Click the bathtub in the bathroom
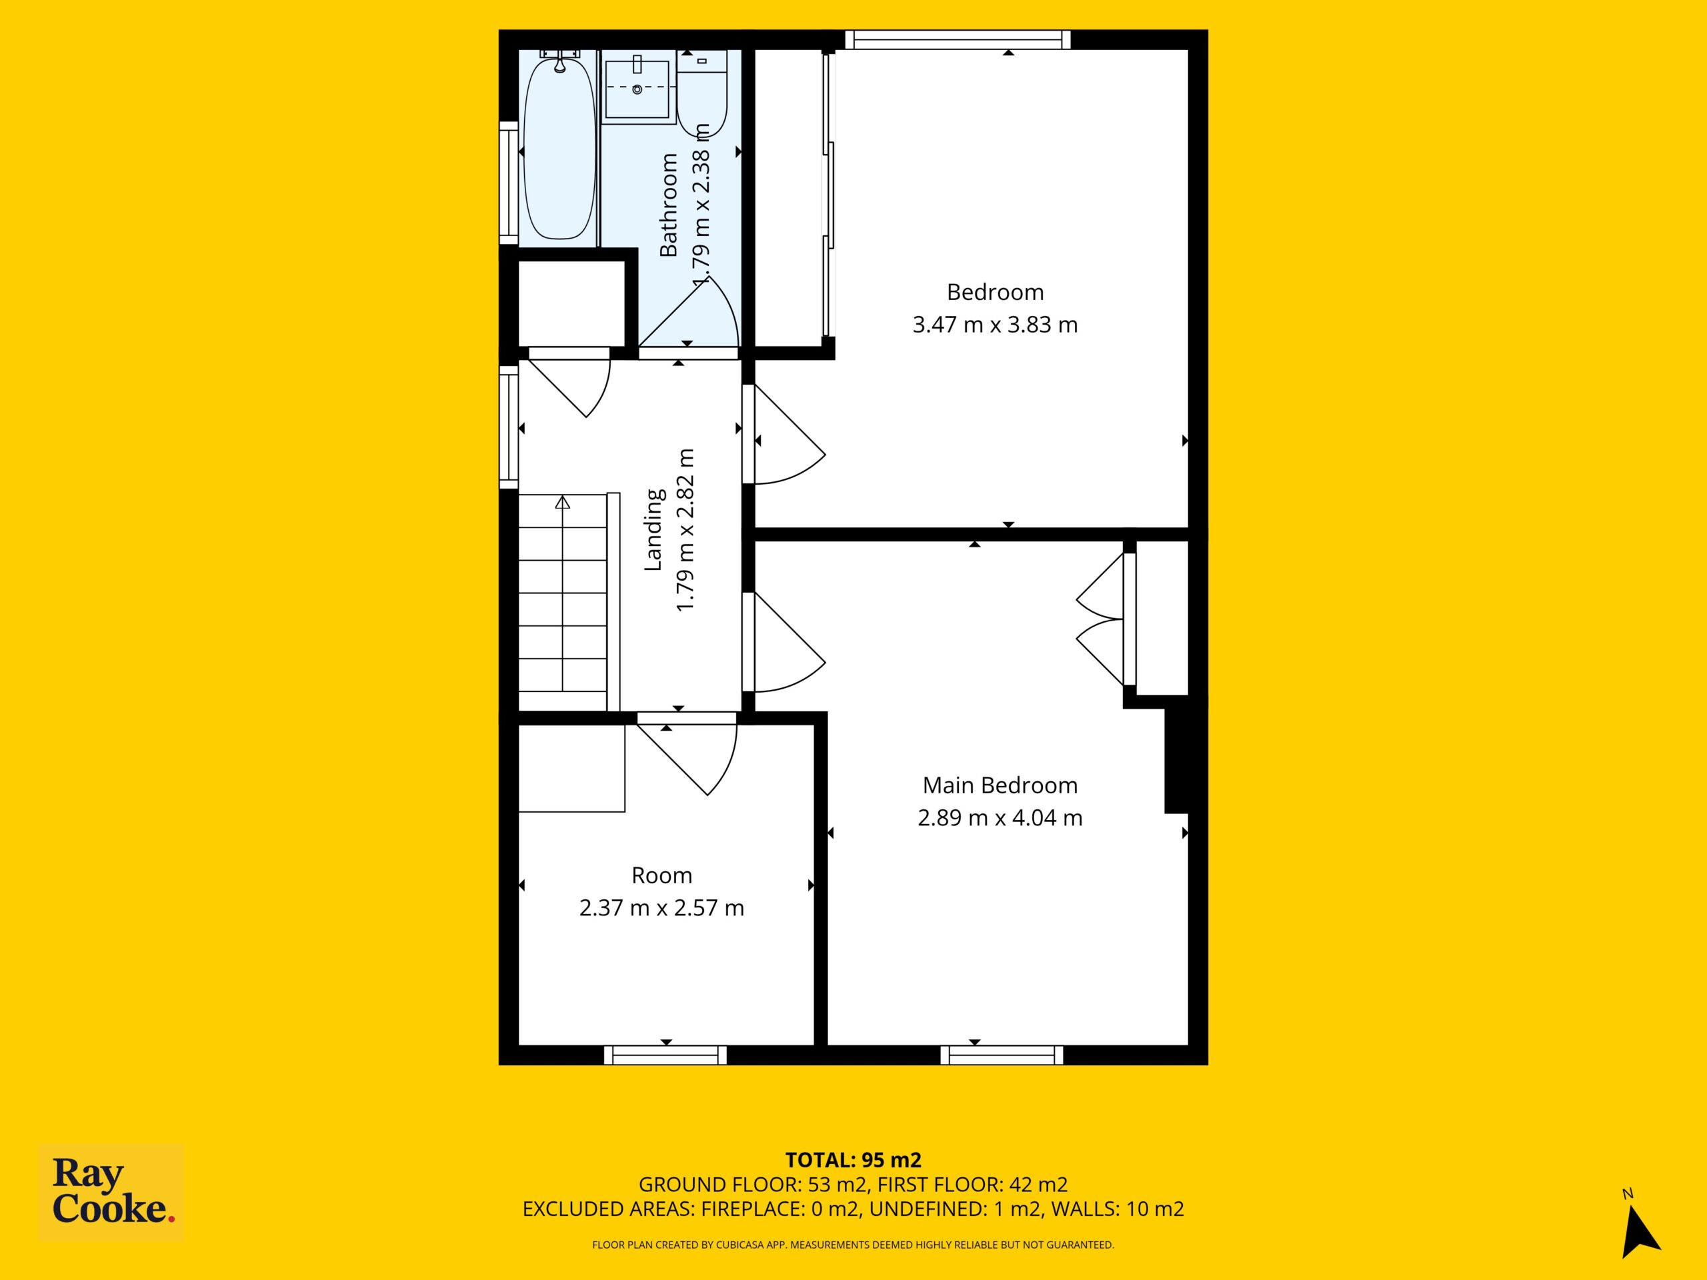pos(560,150)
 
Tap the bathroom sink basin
pos(637,89)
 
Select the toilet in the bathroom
pos(701,94)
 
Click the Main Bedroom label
pos(1000,785)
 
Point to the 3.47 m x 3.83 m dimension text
pos(995,325)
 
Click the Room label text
pos(661,876)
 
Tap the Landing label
pos(653,529)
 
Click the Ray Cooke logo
pos(111,1192)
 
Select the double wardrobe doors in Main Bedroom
pos(1100,619)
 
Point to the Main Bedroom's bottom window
pos(1002,1055)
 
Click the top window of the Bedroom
pos(958,39)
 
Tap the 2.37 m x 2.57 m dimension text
pos(661,908)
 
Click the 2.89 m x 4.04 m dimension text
pos(1000,818)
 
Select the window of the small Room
pos(665,1055)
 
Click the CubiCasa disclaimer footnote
pos(853,1245)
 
